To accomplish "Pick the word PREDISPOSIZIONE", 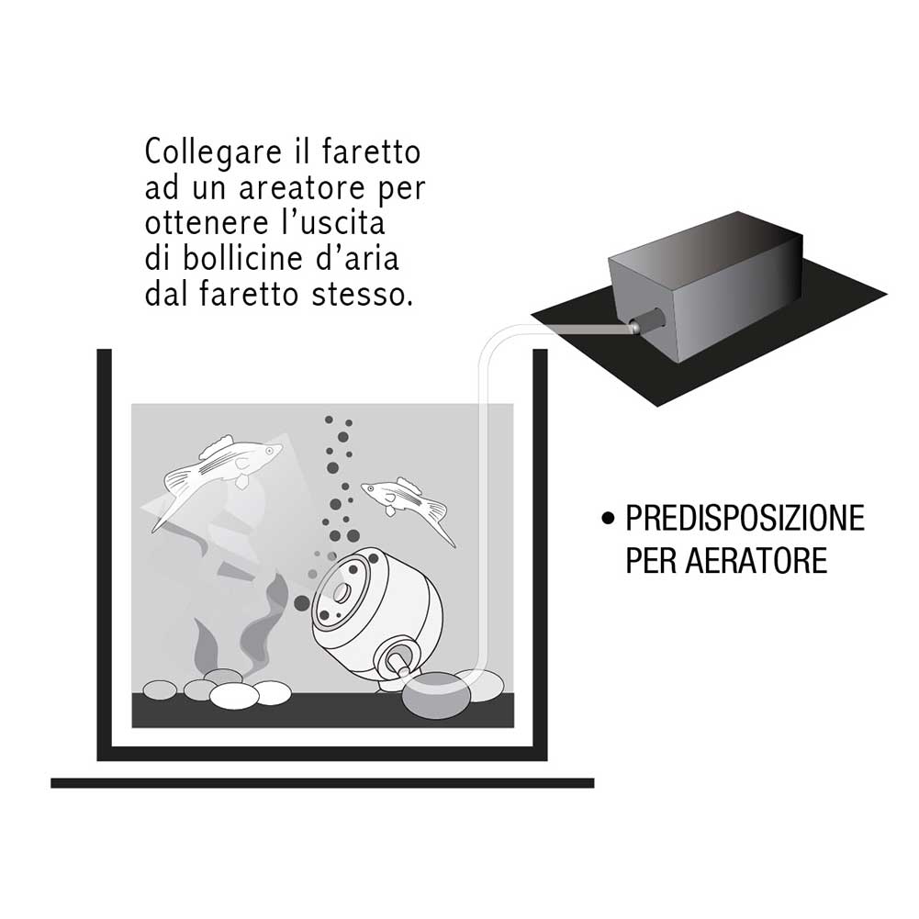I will tap(745, 519).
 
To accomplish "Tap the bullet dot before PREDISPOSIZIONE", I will tap(607, 521).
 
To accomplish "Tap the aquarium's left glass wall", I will tap(105, 551).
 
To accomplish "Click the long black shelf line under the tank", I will tap(321, 783).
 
